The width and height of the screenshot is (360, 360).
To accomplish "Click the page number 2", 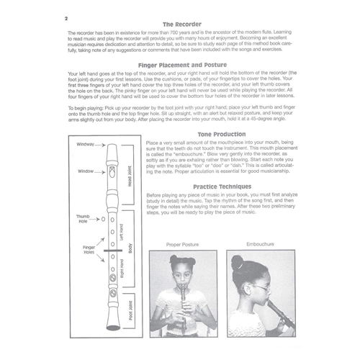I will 66,17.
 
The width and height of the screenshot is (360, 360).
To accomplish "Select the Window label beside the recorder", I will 86,171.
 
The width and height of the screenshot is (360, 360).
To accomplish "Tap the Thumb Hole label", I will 83,218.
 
